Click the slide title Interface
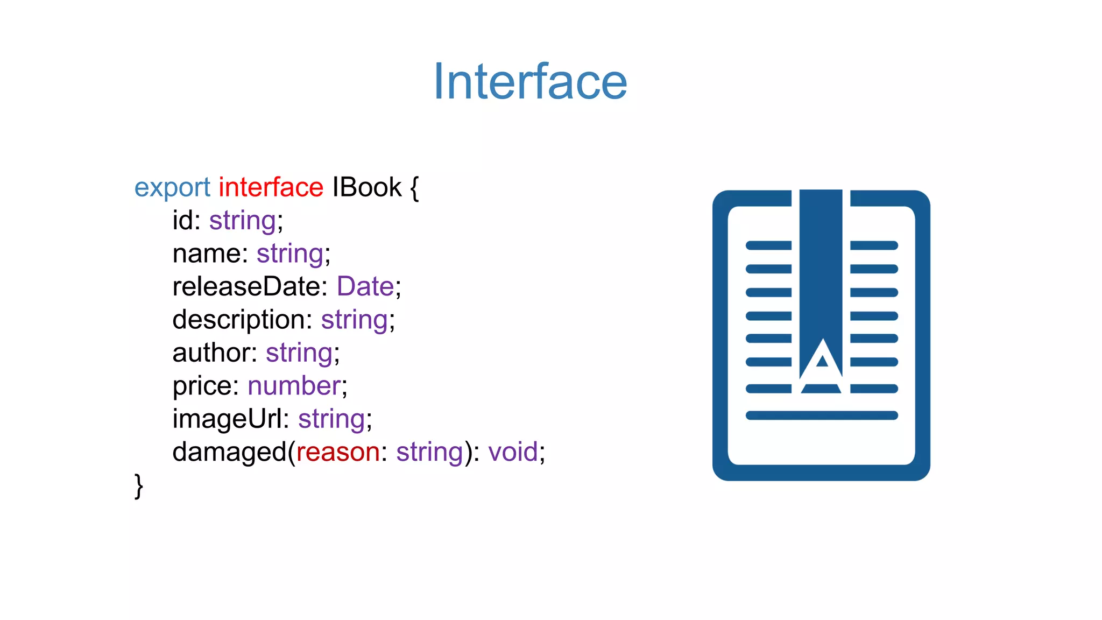(530, 82)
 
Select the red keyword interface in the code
(271, 187)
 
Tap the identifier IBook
(366, 187)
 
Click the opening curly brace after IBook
(414, 188)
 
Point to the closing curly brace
(139, 485)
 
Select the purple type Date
(365, 286)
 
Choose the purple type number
(294, 386)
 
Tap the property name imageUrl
(227, 419)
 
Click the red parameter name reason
(338, 452)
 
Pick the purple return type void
(513, 452)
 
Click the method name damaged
(229, 452)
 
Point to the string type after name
(290, 254)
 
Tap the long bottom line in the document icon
(822, 415)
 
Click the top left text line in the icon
(768, 245)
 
